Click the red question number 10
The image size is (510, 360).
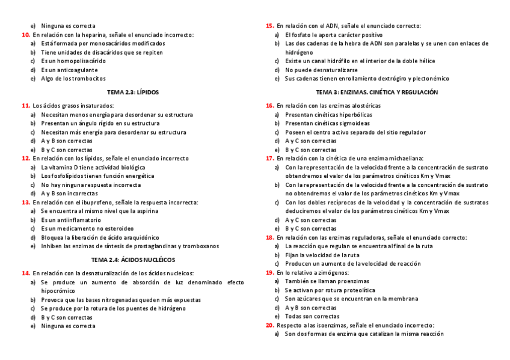point(25,35)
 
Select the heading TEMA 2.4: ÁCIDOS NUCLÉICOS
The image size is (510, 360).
point(133,260)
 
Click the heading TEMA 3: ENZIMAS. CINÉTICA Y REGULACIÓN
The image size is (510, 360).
point(377,93)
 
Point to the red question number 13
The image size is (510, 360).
point(25,203)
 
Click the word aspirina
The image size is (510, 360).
point(145,211)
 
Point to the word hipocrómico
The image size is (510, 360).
point(58,290)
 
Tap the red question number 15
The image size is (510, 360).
point(269,26)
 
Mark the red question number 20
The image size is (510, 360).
point(269,325)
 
